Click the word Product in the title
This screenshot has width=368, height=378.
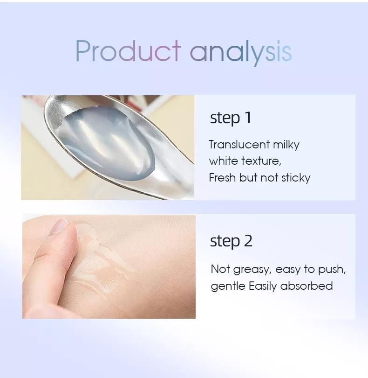point(128,51)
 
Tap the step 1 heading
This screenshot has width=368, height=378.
point(231,118)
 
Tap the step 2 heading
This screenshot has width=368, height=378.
point(231,241)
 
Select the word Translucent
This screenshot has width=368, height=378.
point(239,145)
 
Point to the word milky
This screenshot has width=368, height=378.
point(286,145)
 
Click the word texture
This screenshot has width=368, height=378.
point(261,161)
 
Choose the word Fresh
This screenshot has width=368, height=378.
point(222,178)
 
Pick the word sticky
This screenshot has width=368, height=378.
point(296,178)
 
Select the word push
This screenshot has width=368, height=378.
point(332,270)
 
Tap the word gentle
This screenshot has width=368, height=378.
point(228,287)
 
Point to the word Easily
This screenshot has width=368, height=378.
point(263,287)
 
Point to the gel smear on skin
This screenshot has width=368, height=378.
point(101,260)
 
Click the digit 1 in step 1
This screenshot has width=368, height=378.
point(248,118)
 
